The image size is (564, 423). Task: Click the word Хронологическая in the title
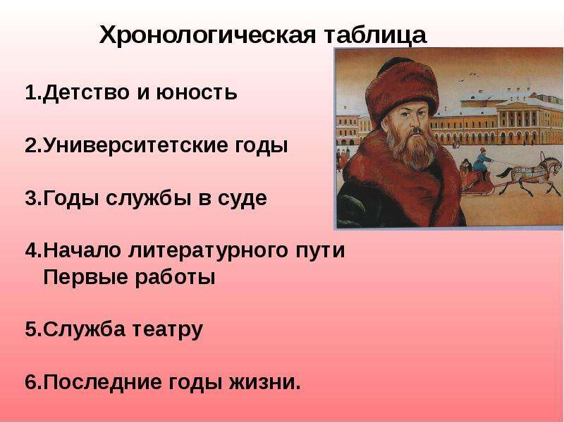(207, 35)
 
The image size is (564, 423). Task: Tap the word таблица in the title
(376, 36)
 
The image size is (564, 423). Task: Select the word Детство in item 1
(86, 92)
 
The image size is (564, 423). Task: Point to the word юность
(197, 93)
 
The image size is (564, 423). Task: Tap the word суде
(242, 199)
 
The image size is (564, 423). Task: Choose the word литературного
(208, 251)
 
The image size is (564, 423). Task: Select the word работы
(175, 278)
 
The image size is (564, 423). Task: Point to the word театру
(168, 330)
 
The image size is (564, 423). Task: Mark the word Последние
(102, 382)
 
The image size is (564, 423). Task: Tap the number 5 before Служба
(31, 329)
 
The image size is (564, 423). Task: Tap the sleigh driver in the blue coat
(482, 164)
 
